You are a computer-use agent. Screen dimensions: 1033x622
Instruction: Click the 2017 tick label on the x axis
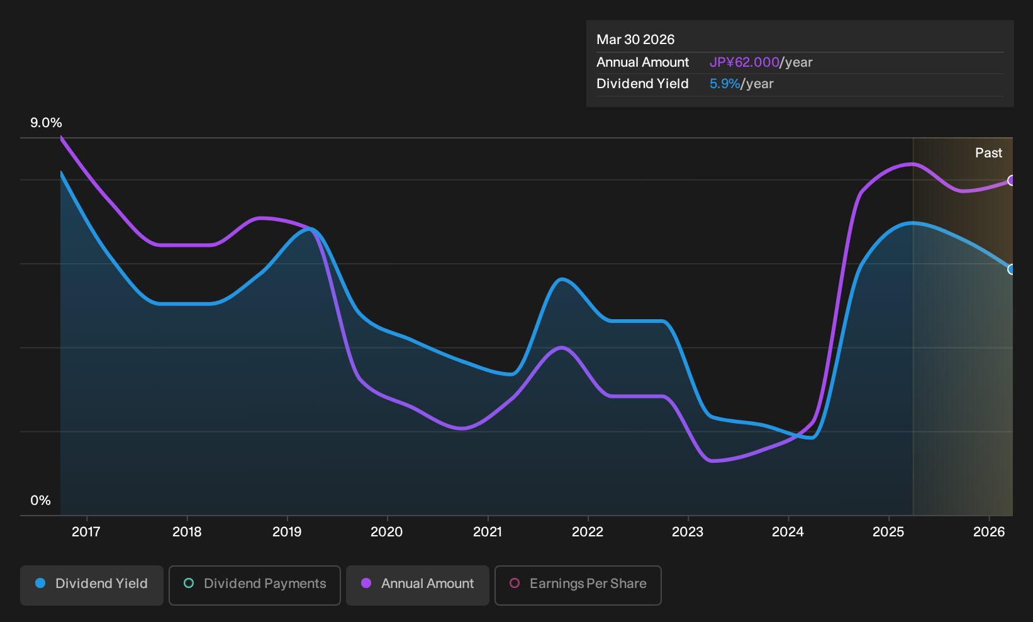coord(86,531)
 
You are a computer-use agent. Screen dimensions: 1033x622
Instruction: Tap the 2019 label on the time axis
coord(287,531)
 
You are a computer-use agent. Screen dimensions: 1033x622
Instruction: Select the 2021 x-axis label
coord(488,531)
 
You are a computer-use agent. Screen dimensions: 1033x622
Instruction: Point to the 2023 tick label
coord(688,531)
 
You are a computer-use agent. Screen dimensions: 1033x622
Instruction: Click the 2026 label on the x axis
coord(989,531)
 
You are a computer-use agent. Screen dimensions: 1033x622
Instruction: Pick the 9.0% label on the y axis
coord(46,123)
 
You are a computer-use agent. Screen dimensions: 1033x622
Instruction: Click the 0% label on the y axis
coord(41,500)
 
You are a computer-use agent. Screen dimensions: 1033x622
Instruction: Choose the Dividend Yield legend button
coord(92,585)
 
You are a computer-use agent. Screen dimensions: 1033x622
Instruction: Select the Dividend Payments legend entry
coord(255,585)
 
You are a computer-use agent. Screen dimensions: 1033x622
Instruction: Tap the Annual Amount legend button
coord(417,585)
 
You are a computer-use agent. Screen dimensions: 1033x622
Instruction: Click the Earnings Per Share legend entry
coord(578,585)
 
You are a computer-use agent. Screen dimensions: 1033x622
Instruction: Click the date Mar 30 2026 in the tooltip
coord(635,40)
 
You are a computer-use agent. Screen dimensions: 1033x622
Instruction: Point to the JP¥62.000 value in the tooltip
coord(744,62)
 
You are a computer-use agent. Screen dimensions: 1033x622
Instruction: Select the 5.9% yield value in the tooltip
coord(725,84)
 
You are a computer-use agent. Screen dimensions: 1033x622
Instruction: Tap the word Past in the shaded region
coord(988,153)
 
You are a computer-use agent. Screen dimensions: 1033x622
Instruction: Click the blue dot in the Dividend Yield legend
coord(41,583)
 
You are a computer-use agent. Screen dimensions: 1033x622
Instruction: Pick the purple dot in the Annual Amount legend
coord(366,583)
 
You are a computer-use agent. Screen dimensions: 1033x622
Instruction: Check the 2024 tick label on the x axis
coord(788,531)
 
